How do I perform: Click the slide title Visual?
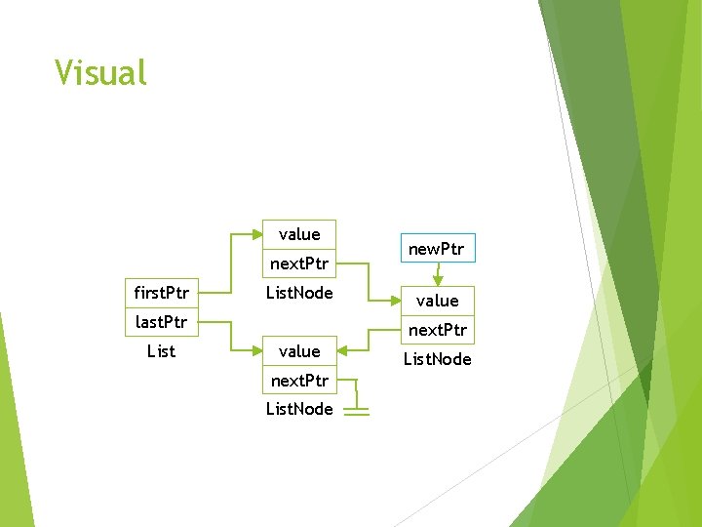[100, 73]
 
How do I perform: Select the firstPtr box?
[161, 293]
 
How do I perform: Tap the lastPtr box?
[161, 321]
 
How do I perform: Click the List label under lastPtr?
[161, 350]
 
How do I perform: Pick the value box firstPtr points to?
[299, 234]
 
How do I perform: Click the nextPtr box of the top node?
[299, 263]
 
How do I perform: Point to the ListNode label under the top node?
[299, 293]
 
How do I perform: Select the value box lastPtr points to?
[299, 350]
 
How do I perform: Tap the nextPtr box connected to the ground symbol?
[299, 380]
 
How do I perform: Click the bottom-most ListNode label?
[299, 409]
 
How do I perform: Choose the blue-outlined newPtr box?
[437, 250]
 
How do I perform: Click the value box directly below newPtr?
[437, 301]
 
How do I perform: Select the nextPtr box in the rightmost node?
[437, 330]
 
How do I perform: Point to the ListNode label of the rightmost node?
[437, 359]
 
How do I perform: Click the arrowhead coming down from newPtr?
[437, 281]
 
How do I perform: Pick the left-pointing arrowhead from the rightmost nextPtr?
[342, 350]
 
